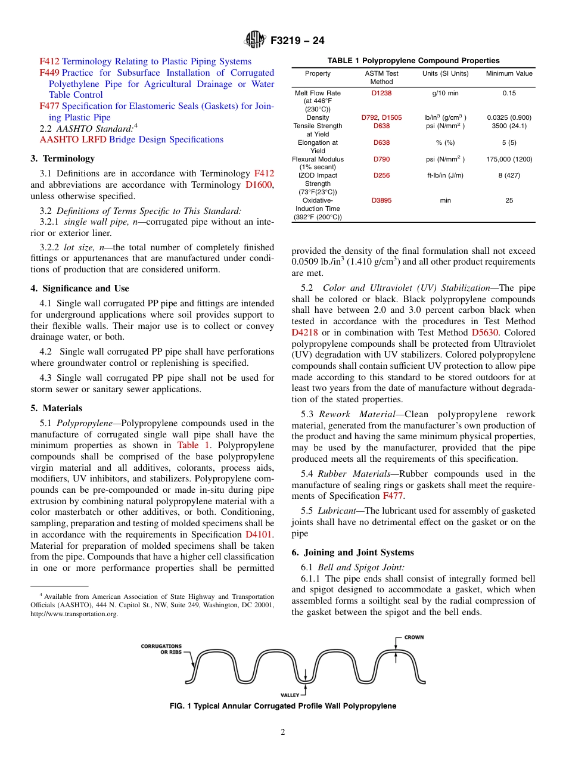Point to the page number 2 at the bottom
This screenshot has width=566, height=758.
pyautogui.click(x=283, y=732)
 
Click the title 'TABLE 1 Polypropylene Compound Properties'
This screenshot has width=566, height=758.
pyautogui.click(x=413, y=61)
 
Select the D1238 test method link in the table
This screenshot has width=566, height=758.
pyautogui.click(x=382, y=93)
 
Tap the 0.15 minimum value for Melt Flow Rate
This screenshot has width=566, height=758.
pyautogui.click(x=509, y=93)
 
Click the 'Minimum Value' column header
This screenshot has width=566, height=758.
pyautogui.click(x=509, y=74)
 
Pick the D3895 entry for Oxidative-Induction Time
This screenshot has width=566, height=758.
pyautogui.click(x=382, y=201)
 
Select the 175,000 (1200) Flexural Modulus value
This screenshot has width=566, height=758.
pyautogui.click(x=509, y=160)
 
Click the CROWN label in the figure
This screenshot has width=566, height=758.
pyautogui.click(x=414, y=637)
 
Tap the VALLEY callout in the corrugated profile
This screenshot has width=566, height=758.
pyautogui.click(x=290, y=695)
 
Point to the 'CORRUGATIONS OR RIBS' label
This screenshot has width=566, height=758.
pyautogui.click(x=161, y=649)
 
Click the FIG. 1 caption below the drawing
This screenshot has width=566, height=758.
pyautogui.click(x=283, y=706)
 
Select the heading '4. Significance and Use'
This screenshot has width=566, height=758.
pyautogui.click(x=80, y=288)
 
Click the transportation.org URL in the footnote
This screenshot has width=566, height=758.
pyautogui.click(x=74, y=614)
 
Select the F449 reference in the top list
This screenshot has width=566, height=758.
pyautogui.click(x=49, y=73)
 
